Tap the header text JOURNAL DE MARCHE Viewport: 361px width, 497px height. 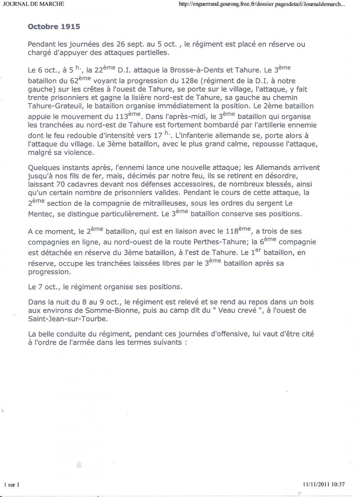tap(33, 4)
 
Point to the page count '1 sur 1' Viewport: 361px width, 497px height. tap(11, 484)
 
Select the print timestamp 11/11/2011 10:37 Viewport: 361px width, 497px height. tap(323, 484)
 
